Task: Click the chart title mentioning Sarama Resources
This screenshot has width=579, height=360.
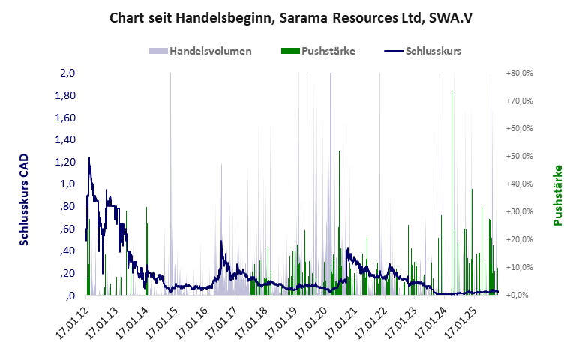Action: [x=289, y=16]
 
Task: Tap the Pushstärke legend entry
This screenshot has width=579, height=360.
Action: [x=328, y=51]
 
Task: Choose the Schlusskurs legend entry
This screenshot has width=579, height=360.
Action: [x=432, y=51]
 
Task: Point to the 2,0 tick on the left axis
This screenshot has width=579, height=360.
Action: [x=67, y=73]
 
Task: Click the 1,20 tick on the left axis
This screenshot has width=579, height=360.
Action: [x=65, y=162]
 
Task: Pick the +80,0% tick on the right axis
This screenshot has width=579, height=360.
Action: [x=518, y=73]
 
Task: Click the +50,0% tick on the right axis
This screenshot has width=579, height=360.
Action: [x=518, y=156]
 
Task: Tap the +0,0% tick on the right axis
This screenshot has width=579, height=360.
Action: [x=520, y=295]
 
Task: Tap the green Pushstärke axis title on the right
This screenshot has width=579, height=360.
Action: [x=557, y=196]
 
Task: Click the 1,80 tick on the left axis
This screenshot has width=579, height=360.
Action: [x=65, y=95]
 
